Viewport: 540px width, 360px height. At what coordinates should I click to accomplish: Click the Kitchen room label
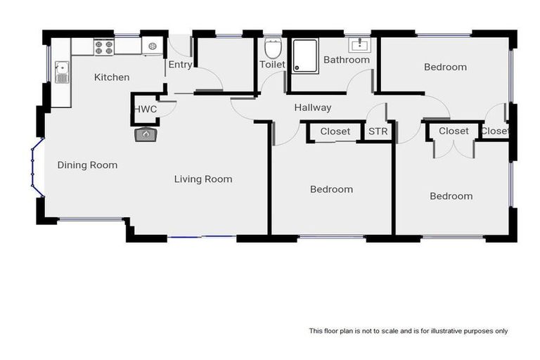[x=112, y=77]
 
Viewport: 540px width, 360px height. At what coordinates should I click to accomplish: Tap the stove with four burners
[x=103, y=47]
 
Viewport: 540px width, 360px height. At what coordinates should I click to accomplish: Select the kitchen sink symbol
[x=62, y=72]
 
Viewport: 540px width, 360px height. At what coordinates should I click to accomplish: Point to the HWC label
[x=146, y=109]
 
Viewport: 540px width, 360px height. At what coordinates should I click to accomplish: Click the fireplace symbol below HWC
[x=146, y=134]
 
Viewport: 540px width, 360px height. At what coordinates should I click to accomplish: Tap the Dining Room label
[x=87, y=165]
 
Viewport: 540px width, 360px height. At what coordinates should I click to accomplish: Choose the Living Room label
[x=203, y=179]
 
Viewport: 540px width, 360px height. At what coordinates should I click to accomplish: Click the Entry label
[x=180, y=65]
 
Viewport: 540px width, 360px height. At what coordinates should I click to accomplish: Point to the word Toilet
[x=273, y=65]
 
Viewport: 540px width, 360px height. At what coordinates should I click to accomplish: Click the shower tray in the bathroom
[x=305, y=54]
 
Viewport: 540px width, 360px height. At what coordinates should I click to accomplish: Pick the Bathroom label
[x=346, y=60]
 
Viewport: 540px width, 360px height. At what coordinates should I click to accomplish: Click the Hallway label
[x=312, y=108]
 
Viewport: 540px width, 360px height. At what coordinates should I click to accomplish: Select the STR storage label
[x=378, y=131]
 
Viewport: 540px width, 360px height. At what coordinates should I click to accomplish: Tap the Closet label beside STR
[x=335, y=131]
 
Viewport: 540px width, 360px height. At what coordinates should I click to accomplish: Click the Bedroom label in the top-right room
[x=445, y=67]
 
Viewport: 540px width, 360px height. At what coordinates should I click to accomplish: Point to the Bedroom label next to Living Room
[x=331, y=189]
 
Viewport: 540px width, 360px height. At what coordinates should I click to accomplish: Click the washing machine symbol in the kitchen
[x=153, y=47]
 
